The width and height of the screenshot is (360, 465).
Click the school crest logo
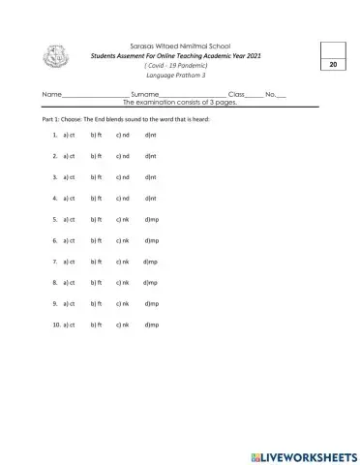[x=55, y=58]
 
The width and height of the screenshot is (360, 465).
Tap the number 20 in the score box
[x=332, y=64]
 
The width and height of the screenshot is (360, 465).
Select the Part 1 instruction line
[x=126, y=118]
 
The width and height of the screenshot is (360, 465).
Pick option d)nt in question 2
[x=150, y=156]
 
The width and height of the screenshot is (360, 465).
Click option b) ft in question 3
[x=96, y=177]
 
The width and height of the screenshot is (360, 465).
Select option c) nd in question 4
[x=123, y=199]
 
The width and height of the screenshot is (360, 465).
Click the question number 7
[x=55, y=262]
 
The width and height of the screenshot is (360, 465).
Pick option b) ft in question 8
[x=96, y=283]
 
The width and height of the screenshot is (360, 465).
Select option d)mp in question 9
[x=152, y=304]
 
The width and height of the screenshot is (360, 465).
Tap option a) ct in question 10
[x=69, y=325]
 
